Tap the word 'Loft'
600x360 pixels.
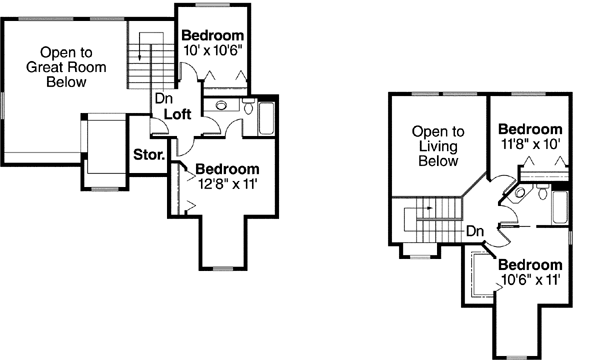pyautogui.click(x=179, y=115)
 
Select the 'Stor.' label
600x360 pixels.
pyautogui.click(x=149, y=156)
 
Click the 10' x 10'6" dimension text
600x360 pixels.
pyautogui.click(x=217, y=49)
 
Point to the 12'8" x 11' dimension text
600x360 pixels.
pyautogui.click(x=227, y=183)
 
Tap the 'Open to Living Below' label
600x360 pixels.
pyautogui.click(x=439, y=145)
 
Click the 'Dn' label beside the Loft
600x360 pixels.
pyautogui.click(x=161, y=99)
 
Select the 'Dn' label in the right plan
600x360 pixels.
pyautogui.click(x=476, y=231)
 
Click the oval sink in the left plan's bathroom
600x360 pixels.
pyautogui.click(x=220, y=105)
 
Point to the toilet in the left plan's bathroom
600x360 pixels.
pyautogui.click(x=245, y=105)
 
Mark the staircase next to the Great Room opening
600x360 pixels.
pyautogui.click(x=148, y=62)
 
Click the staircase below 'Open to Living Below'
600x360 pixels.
pyautogui.click(x=425, y=219)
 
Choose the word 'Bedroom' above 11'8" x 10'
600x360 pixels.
pyautogui.click(x=530, y=129)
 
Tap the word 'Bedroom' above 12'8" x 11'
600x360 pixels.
pyautogui.click(x=227, y=169)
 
